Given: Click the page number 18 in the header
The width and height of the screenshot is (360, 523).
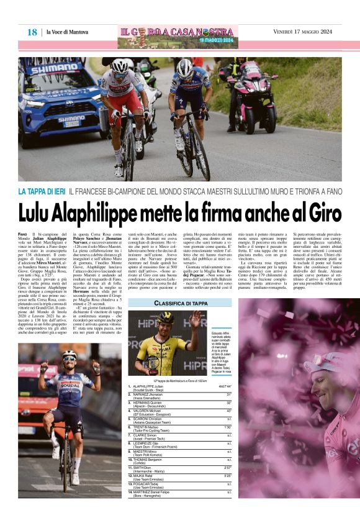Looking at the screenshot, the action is tap(32, 32).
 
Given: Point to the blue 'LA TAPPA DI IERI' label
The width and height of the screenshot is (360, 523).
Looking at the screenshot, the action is tap(42, 193).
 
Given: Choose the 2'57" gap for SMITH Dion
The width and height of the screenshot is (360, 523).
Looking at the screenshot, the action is tap(227, 466).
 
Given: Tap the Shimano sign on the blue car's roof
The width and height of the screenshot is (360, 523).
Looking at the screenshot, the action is tap(55, 68).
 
